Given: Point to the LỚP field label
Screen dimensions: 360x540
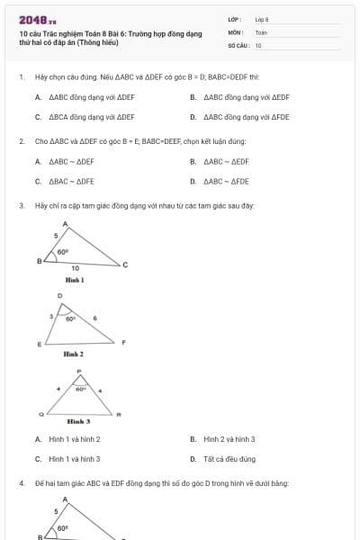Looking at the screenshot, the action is tap(235, 19).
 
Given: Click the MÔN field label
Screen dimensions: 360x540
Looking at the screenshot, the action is tap(235, 31).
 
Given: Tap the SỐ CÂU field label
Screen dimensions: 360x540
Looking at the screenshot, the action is tap(238, 44).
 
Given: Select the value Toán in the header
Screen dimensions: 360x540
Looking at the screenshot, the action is tap(261, 31).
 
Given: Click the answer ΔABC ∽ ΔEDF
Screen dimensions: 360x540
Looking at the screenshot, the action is tap(226, 162).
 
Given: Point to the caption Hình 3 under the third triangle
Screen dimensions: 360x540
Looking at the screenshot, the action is tap(79, 421).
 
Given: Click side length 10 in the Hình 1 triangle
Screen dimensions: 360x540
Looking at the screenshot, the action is tap(75, 268).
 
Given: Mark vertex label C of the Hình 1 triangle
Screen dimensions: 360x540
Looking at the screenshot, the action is tap(125, 265).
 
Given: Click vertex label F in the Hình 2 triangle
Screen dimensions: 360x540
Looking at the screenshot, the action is tap(123, 342).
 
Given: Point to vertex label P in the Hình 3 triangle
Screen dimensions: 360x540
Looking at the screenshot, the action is tap(79, 371).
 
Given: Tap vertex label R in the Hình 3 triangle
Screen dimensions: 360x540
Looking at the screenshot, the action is tap(119, 414).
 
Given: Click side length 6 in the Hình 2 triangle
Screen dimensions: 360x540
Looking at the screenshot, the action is tap(95, 318).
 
